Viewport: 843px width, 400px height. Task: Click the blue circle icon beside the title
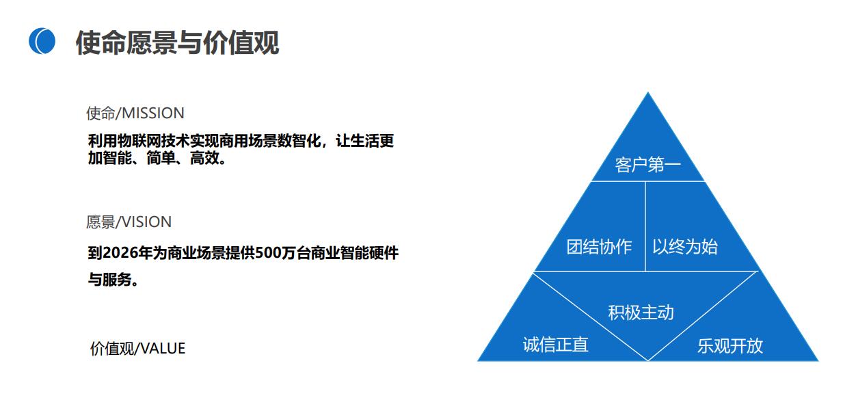(42, 41)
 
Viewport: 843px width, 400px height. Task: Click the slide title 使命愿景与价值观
(177, 43)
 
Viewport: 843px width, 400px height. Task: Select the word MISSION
(153, 114)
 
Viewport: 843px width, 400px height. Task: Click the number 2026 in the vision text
(120, 253)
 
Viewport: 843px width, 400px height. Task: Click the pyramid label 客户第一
(647, 165)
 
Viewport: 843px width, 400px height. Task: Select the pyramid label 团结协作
(599, 247)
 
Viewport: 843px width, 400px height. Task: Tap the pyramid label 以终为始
(685, 247)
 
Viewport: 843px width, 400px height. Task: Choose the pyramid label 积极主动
(641, 312)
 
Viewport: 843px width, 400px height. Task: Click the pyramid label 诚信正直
(555, 345)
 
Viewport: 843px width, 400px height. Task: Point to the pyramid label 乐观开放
(730, 346)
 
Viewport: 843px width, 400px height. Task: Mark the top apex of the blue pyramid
(648, 92)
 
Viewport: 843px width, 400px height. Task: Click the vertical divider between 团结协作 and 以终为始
(645, 226)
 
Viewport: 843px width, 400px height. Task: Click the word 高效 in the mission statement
(204, 158)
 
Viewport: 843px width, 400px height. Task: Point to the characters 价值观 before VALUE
(111, 349)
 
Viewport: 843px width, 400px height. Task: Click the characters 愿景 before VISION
(101, 222)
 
